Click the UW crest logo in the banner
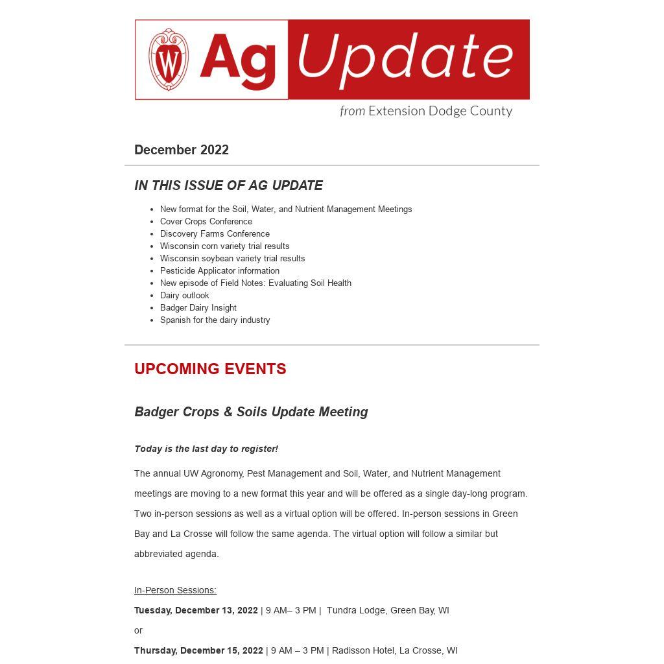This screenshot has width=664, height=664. (x=169, y=60)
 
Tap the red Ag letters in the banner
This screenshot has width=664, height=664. (x=237, y=60)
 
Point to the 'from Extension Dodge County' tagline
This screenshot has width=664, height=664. (x=426, y=111)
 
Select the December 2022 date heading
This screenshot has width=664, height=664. (x=182, y=150)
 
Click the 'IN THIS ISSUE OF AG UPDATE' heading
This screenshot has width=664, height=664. (x=228, y=185)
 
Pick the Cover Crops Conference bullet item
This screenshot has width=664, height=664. (x=206, y=222)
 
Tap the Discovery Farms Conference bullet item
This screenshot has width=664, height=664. (x=215, y=234)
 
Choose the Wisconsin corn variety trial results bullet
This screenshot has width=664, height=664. (x=224, y=246)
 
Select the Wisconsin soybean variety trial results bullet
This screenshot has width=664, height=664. (x=232, y=259)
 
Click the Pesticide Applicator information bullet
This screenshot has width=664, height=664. (x=220, y=271)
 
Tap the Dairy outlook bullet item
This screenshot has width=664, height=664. (x=185, y=296)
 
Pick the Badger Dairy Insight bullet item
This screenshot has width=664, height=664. (x=198, y=308)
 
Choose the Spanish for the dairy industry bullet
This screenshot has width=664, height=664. (x=215, y=320)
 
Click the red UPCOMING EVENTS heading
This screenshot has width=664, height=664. (x=210, y=369)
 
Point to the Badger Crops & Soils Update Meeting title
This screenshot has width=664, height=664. (x=251, y=412)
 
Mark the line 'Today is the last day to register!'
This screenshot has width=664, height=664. (x=206, y=449)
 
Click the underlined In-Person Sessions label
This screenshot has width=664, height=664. (x=175, y=590)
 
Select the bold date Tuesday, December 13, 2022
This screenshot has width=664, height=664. (x=196, y=610)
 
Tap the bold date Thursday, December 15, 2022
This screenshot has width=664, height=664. (x=198, y=650)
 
